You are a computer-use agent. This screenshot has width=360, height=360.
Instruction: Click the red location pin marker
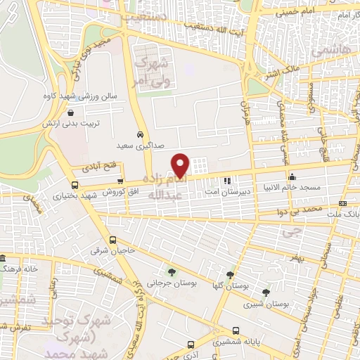click(x=181, y=165)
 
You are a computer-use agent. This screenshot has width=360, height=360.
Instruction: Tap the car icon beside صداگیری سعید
click(x=141, y=134)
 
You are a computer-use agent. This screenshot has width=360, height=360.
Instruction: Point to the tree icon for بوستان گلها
click(x=231, y=275)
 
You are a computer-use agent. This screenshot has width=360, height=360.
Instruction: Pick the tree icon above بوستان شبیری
click(x=265, y=292)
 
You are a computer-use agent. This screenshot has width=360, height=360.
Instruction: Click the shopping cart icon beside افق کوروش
click(x=120, y=182)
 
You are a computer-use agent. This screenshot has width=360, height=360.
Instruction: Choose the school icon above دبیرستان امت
click(x=227, y=181)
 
